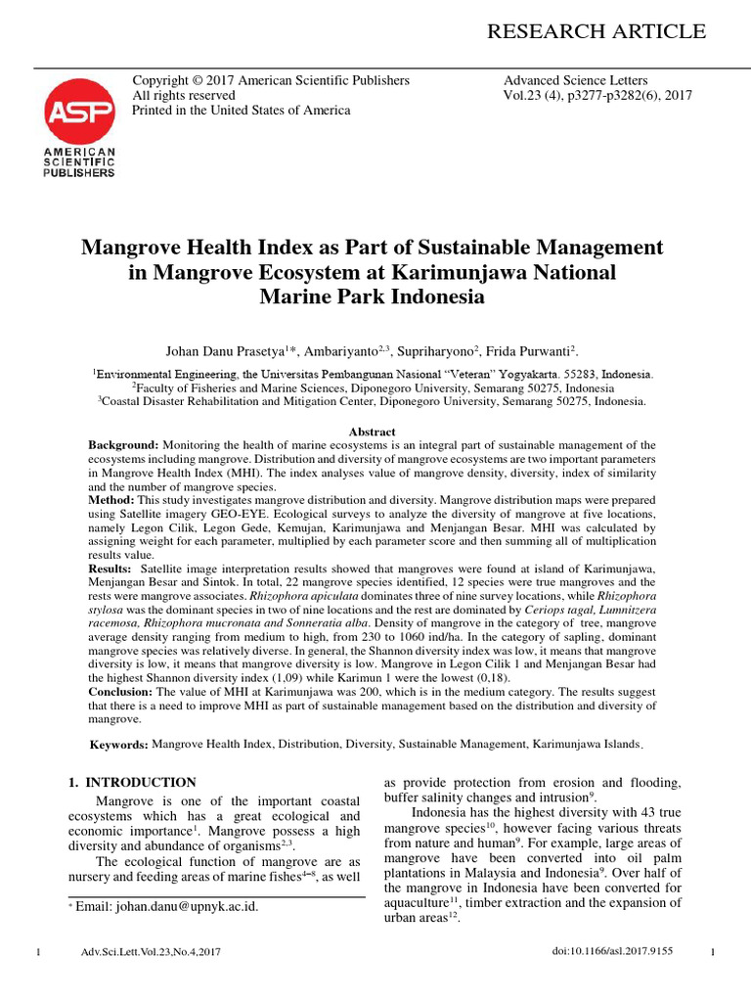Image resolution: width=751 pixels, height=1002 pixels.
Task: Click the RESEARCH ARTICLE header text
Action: pyautogui.click(x=596, y=31)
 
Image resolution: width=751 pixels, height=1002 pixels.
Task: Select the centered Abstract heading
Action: pyautogui.click(x=373, y=432)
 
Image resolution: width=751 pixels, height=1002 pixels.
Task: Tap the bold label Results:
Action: pyautogui.click(x=110, y=568)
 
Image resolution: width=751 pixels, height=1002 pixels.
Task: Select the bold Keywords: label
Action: pyautogui.click(x=119, y=746)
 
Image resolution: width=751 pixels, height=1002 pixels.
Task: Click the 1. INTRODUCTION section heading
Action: pyautogui.click(x=132, y=782)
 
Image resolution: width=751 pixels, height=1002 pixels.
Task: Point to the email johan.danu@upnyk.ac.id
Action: pyautogui.click(x=167, y=906)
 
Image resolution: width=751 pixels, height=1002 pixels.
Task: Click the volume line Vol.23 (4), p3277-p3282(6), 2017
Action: pyautogui.click(x=597, y=96)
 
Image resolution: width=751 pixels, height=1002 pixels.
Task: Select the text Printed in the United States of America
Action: pyautogui.click(x=241, y=111)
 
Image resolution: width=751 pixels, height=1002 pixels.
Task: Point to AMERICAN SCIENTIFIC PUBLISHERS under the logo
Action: pyautogui.click(x=78, y=162)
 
